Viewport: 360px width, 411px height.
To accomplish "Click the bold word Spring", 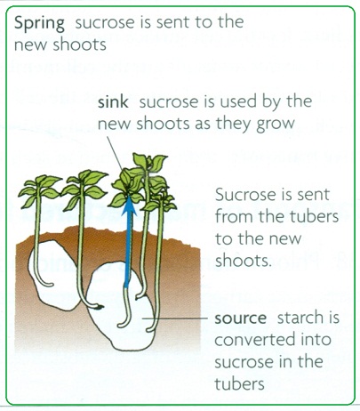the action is (x=39, y=23).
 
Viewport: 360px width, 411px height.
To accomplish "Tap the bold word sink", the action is (x=113, y=101).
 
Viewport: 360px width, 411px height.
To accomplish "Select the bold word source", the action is (x=240, y=318).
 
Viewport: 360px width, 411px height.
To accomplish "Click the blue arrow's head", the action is (x=129, y=205).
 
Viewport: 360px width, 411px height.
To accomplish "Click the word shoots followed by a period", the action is (x=244, y=260).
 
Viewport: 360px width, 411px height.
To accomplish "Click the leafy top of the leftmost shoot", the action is (x=40, y=189).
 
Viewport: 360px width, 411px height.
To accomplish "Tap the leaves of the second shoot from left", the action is (x=84, y=187).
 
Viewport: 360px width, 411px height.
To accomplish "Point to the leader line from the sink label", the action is (x=115, y=154).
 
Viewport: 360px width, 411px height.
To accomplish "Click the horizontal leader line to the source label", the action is (x=175, y=318).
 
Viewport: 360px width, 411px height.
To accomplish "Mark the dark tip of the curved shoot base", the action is (x=100, y=307).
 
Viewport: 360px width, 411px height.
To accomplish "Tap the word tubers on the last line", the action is (x=239, y=383).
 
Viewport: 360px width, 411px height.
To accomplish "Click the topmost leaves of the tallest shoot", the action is (x=149, y=163).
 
